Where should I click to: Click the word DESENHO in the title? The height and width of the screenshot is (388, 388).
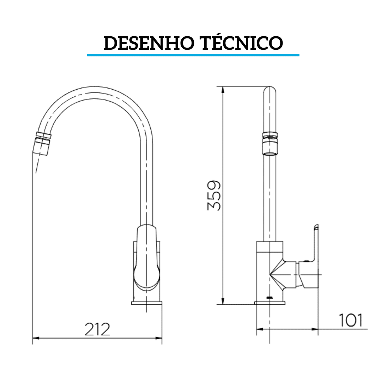(x=148, y=43)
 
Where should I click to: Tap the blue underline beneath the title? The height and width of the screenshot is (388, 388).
(x=193, y=55)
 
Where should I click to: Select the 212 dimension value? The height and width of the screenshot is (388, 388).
(x=97, y=329)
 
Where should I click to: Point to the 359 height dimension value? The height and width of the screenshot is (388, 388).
(x=214, y=196)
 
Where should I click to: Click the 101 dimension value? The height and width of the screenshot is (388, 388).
(x=351, y=320)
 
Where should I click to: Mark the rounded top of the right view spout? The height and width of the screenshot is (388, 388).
(x=270, y=90)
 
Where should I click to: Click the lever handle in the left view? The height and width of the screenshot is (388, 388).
(x=147, y=257)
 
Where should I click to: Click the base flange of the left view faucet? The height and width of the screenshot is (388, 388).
(x=147, y=303)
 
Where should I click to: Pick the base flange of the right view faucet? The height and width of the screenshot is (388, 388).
(x=270, y=302)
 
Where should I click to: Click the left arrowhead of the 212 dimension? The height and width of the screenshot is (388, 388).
(x=35, y=338)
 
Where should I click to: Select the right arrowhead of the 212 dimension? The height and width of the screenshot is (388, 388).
(x=159, y=338)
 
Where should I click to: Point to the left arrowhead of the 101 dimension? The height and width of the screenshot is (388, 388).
(x=259, y=329)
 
